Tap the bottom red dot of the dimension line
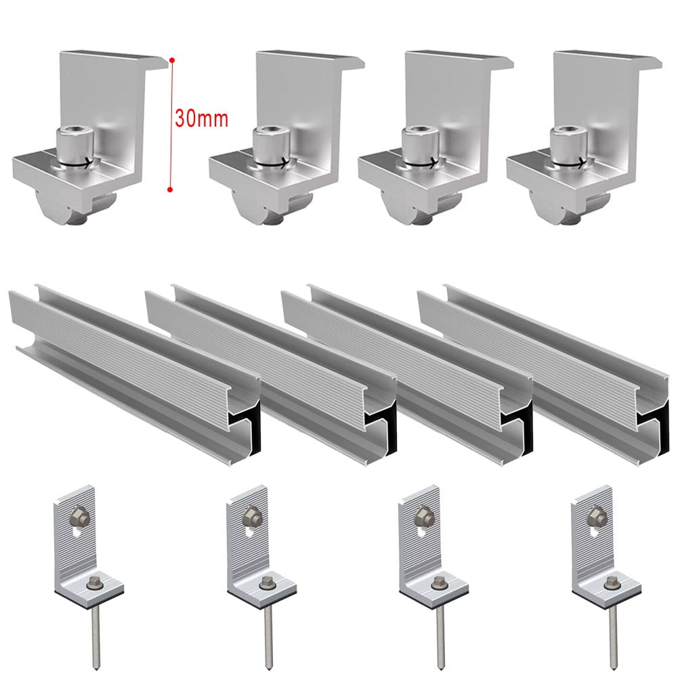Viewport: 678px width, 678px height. pyautogui.click(x=171, y=190)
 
